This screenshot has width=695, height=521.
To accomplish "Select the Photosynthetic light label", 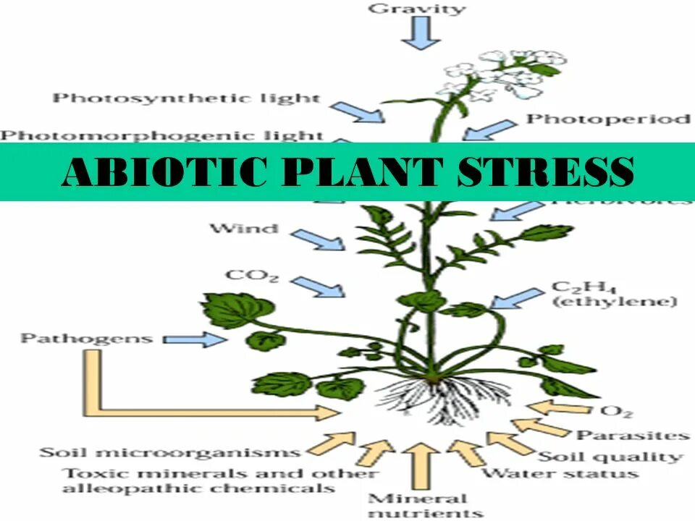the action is click(186, 97).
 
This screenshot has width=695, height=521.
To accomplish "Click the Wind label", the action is click(244, 229).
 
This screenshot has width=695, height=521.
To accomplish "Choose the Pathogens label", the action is click(86, 338).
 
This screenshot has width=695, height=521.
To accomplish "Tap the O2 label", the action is click(616, 411).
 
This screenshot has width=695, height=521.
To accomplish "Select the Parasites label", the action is click(631, 435).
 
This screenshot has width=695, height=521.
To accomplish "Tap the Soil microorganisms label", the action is click(169, 452).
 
